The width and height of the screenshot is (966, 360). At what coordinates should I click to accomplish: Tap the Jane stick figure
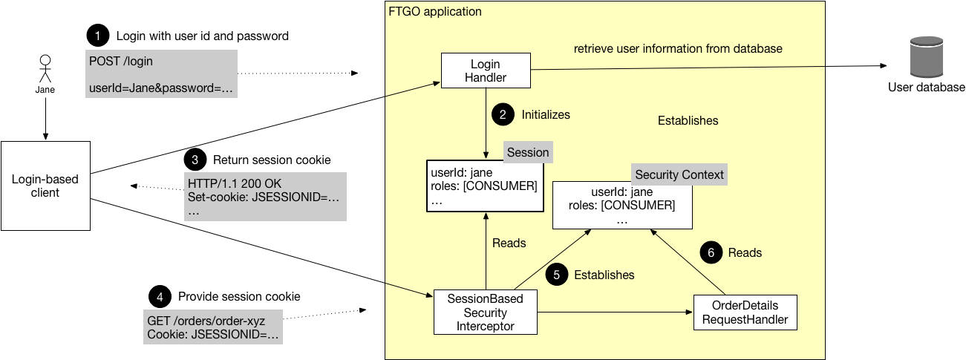45,68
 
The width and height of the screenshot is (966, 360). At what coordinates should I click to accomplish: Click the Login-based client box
45,186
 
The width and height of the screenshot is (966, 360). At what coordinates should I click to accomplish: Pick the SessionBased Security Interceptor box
485,312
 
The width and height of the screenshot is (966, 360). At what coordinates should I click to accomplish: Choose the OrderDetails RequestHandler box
745,312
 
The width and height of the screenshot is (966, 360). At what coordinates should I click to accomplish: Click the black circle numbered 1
97,36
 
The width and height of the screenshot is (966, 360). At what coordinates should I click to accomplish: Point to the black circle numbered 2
502,115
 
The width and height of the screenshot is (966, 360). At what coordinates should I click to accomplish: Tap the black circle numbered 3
194,160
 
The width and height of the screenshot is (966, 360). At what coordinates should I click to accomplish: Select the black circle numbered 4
158,296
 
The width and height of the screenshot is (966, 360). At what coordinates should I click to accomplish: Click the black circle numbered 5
555,275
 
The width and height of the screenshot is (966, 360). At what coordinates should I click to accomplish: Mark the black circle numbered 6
710,252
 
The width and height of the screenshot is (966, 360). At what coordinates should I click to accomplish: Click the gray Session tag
528,152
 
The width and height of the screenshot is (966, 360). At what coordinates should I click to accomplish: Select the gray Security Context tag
679,174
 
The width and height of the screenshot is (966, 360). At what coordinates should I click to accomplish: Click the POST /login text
121,62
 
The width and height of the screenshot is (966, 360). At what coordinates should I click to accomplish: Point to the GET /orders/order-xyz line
206,320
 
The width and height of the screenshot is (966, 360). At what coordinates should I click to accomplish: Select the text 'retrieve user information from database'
678,48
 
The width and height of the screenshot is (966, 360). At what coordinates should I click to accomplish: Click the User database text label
926,88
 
